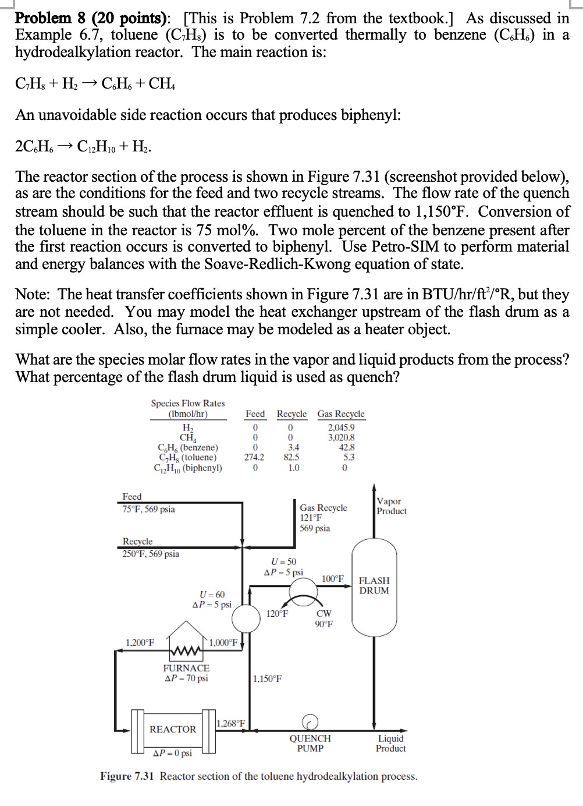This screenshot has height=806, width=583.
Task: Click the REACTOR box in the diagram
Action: click(x=173, y=729)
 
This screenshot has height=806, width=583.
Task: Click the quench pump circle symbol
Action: click(x=310, y=723)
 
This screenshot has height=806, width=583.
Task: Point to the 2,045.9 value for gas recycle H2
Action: click(x=341, y=427)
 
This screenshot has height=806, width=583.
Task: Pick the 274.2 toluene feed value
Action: click(x=254, y=457)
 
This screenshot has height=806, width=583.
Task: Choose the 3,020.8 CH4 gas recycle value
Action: click(x=341, y=437)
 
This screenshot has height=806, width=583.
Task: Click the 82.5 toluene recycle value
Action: click(x=291, y=457)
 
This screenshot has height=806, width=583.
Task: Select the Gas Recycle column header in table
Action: click(x=341, y=413)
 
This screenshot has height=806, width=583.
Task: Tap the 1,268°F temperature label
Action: click(x=231, y=723)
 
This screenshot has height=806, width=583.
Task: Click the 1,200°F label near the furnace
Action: click(x=140, y=642)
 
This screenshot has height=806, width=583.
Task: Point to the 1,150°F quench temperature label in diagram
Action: click(x=268, y=678)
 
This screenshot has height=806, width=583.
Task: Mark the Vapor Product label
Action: click(x=391, y=506)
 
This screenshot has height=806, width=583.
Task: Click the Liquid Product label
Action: click(x=390, y=743)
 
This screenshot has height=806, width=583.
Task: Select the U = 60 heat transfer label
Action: click(x=212, y=595)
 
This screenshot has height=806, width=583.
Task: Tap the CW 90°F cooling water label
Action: click(x=324, y=618)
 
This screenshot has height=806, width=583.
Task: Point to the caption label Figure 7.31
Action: click(x=127, y=776)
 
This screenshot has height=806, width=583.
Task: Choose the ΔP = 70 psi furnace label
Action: click(x=186, y=678)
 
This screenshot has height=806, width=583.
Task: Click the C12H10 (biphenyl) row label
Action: click(x=188, y=468)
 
